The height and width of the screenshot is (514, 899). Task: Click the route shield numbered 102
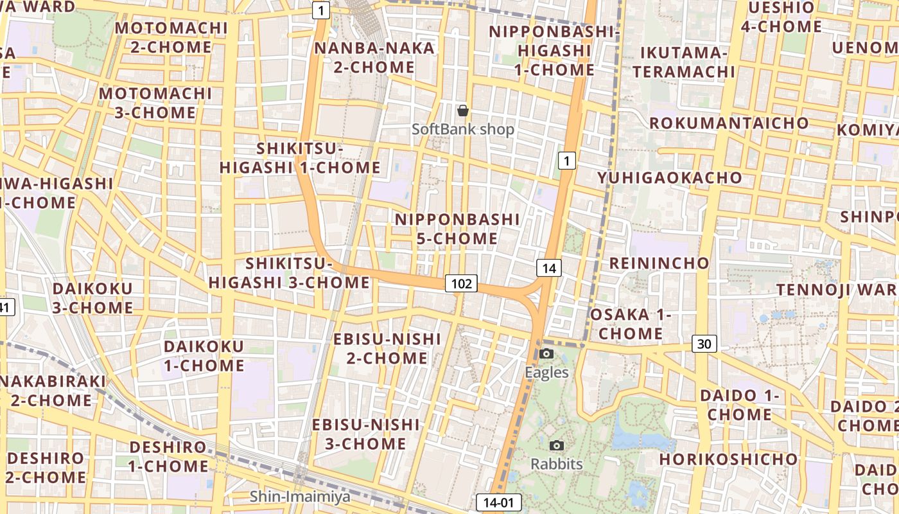(462, 283)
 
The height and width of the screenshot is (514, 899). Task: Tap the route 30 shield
(704, 344)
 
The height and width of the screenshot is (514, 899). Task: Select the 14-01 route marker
(499, 502)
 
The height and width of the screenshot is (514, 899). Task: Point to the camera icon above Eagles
(546, 353)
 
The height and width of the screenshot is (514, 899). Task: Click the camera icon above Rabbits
(557, 445)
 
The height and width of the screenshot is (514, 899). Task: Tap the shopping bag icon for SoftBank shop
(462, 111)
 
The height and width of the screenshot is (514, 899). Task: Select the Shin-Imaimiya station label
(300, 496)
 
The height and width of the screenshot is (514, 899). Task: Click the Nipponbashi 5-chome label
(457, 229)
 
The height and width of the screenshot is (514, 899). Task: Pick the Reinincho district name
(659, 263)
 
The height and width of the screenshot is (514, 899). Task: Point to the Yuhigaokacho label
(670, 177)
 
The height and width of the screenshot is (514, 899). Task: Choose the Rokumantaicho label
(729, 123)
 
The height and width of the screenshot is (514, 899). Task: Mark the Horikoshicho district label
(728, 459)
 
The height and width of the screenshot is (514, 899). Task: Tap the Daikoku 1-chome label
(204, 356)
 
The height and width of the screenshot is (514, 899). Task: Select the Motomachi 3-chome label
(155, 103)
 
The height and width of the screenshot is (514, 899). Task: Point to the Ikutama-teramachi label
(683, 62)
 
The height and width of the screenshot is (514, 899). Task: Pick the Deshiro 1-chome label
(168, 456)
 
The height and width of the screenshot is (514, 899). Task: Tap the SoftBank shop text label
(463, 129)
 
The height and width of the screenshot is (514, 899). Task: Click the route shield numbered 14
(549, 268)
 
